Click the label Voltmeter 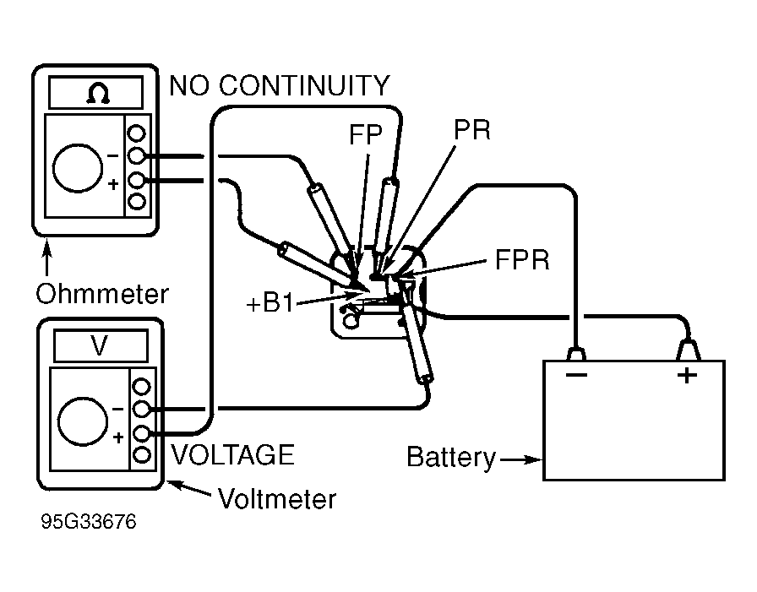click(276, 499)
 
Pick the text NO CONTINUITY click(280, 86)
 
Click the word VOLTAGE click(232, 455)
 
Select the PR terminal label click(471, 131)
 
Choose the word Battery click(451, 458)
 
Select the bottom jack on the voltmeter click(142, 455)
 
